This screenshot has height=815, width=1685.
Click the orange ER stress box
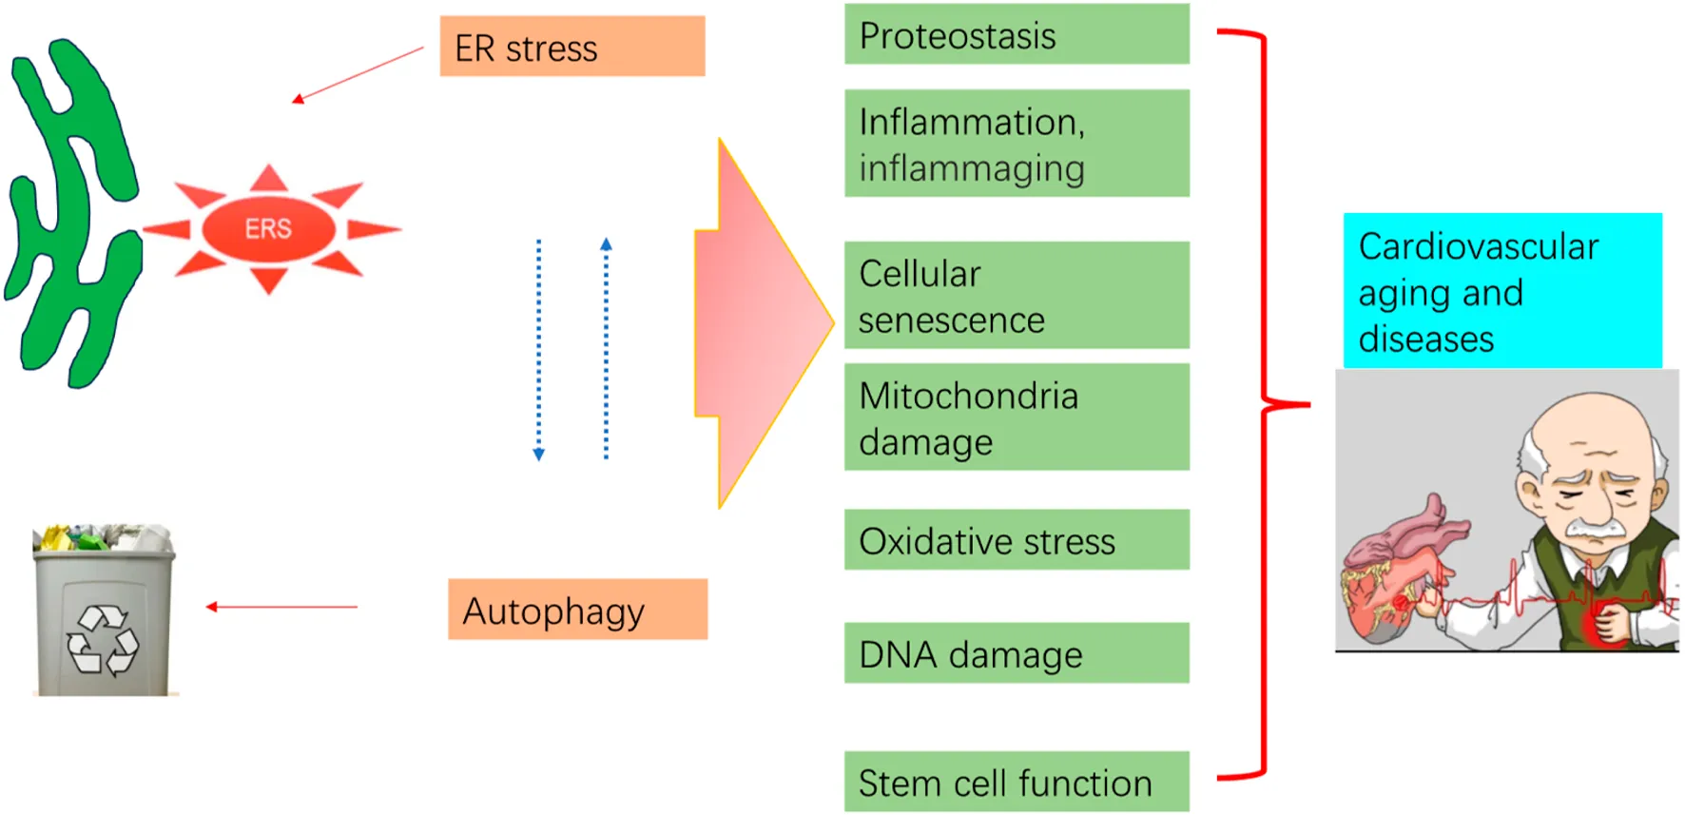(x=571, y=47)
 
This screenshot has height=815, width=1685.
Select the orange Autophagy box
(x=577, y=610)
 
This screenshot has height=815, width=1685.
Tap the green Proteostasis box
(x=1017, y=35)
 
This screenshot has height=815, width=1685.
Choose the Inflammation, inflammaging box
(x=1017, y=144)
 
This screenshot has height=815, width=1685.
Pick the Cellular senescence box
(x=1017, y=296)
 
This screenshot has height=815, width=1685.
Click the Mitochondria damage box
(x=1017, y=417)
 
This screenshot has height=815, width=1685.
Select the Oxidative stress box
(x=1017, y=540)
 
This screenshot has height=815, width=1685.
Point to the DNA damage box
(x=1017, y=653)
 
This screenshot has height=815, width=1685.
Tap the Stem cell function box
(x=1017, y=782)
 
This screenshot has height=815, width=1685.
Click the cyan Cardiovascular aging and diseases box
(x=1501, y=291)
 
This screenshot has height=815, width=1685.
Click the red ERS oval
(x=268, y=229)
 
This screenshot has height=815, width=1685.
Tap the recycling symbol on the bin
(x=102, y=640)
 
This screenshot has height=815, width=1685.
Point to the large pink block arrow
(x=756, y=323)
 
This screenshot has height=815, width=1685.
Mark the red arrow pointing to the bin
(x=281, y=607)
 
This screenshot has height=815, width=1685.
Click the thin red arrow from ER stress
(x=358, y=73)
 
